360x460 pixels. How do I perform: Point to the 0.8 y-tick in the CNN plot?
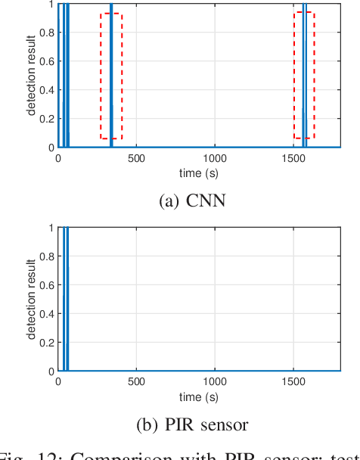point(47,33)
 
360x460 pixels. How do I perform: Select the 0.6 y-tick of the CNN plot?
point(47,61)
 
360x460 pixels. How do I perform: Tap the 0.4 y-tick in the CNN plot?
point(47,90)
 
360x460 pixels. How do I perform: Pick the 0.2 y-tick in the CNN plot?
point(47,119)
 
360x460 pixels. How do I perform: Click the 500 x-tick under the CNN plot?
point(136,160)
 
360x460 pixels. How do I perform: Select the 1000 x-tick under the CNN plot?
point(215,160)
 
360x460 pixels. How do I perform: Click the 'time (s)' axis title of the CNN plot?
point(199,172)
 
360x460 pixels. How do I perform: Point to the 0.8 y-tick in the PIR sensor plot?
point(47,256)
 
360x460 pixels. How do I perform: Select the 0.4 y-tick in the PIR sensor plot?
point(47,314)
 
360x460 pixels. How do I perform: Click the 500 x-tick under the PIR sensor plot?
point(136,384)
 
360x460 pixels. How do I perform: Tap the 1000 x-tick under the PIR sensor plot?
point(215,384)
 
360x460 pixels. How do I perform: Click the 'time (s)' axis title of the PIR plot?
point(199,396)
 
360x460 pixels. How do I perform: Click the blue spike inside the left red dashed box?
point(110,76)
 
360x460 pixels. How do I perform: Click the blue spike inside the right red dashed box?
point(304,76)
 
